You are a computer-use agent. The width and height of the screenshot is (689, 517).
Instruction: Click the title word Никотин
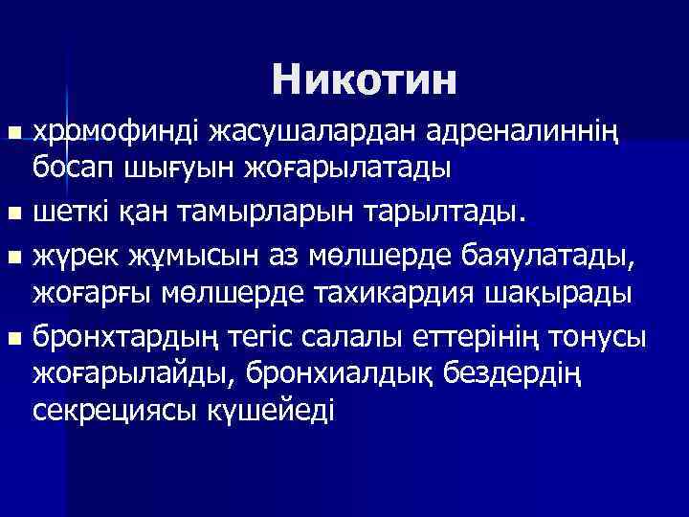pyautogui.click(x=365, y=79)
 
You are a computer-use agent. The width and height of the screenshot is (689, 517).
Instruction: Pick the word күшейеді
pyautogui.click(x=278, y=411)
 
